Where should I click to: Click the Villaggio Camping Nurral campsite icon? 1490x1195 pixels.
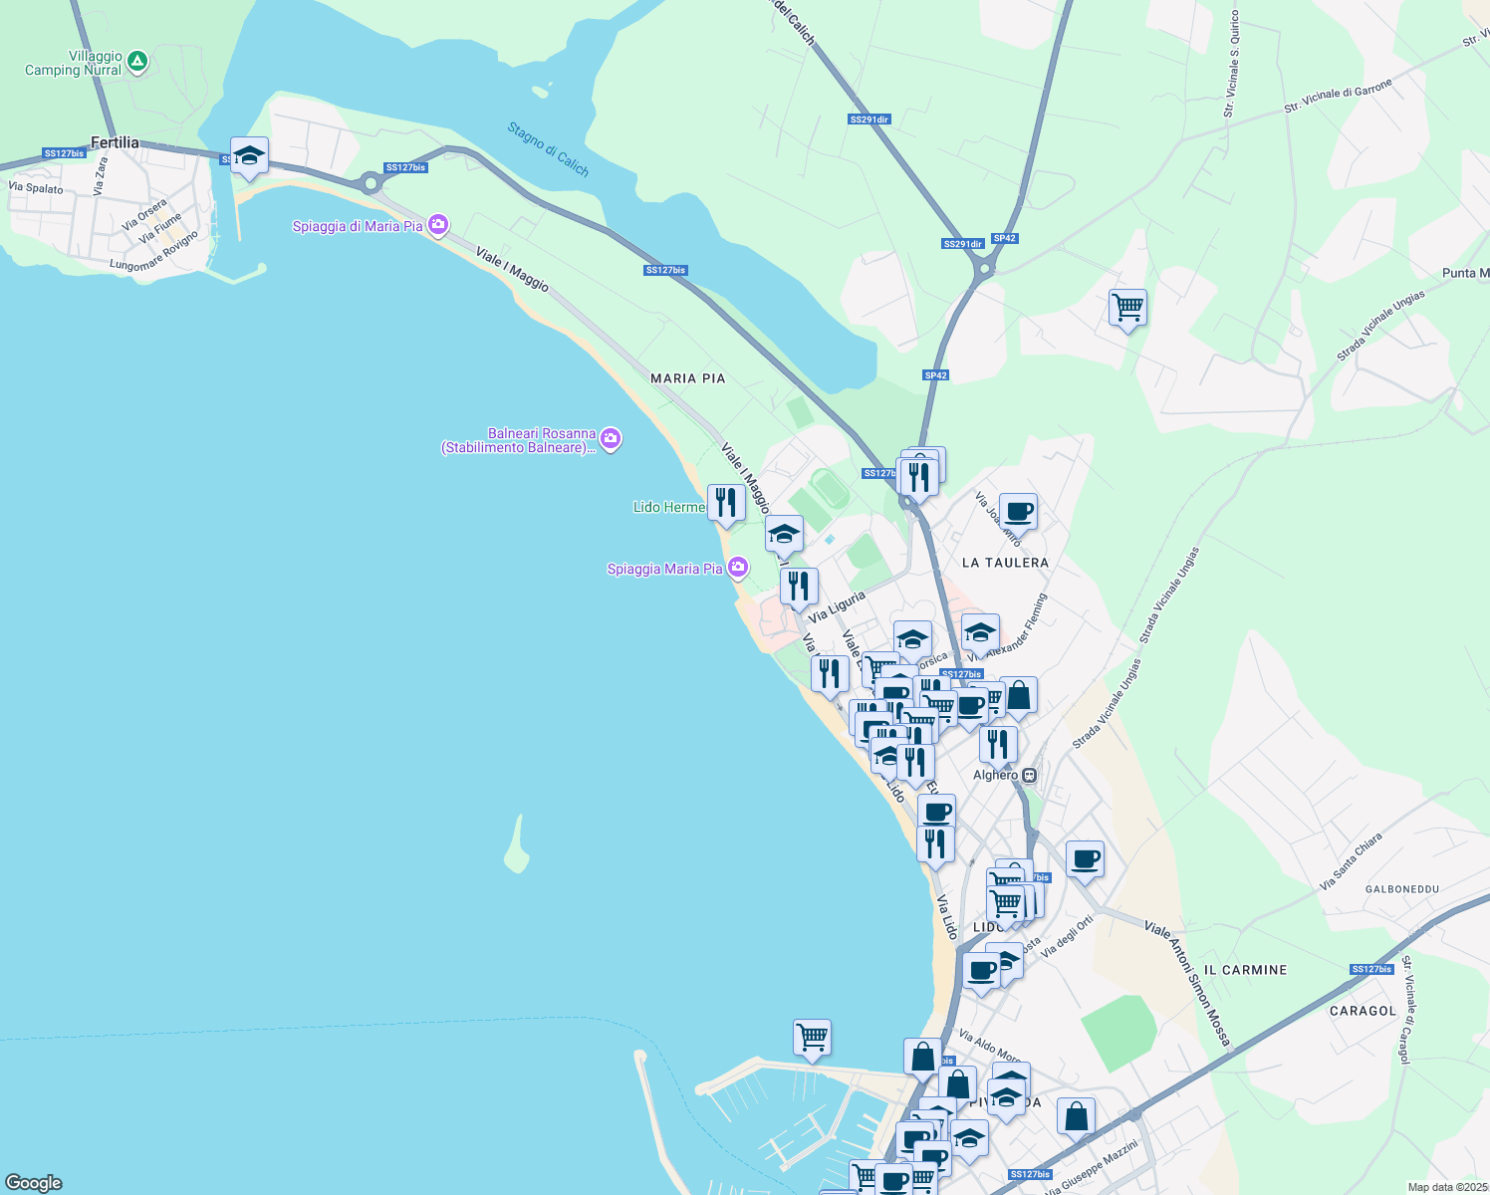137,63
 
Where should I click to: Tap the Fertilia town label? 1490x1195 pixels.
115,142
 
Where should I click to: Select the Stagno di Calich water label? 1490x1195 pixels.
548,149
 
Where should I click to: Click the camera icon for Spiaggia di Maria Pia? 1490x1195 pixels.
438,225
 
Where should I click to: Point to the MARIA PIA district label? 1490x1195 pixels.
687,378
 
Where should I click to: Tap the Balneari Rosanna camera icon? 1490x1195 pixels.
611,438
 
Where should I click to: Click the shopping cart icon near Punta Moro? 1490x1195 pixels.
1127,308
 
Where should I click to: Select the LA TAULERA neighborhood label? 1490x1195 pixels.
1005,563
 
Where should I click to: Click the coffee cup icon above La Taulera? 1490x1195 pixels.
1018,512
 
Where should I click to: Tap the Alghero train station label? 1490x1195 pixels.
995,775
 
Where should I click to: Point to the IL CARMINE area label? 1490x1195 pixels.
1245,970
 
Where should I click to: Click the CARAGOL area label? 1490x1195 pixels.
1363,1011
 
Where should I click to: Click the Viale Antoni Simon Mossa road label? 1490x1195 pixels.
1187,984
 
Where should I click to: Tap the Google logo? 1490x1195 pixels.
33,1183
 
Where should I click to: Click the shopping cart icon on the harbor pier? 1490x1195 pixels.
812,1038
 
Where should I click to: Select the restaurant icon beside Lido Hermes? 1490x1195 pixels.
726,503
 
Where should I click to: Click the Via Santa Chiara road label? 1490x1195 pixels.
1351,861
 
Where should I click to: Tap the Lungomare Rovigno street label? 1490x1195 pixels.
154,253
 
